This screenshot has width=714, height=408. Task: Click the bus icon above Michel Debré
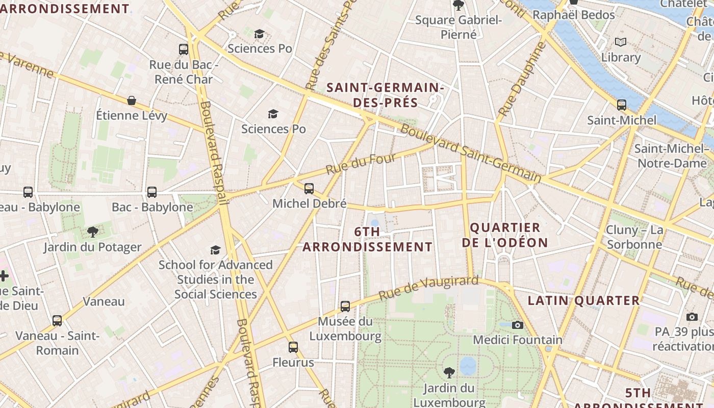(x=309, y=189)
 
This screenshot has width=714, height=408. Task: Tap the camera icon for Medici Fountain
(x=518, y=325)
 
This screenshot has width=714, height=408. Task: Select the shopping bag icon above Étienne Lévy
(x=132, y=100)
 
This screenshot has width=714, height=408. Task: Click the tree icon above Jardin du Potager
(x=92, y=233)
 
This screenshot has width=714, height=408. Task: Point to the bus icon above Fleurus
(x=293, y=347)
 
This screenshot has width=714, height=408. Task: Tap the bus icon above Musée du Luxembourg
(x=345, y=307)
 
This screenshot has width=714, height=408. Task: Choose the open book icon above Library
(x=620, y=42)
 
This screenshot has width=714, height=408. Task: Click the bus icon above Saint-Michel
(x=622, y=105)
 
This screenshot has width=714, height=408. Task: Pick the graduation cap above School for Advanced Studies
(x=216, y=250)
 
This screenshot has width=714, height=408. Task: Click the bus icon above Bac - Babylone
(x=152, y=192)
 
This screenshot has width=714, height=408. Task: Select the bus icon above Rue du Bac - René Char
(x=184, y=49)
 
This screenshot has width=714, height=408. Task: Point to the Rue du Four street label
(x=361, y=163)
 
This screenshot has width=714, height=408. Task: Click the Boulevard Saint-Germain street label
(x=470, y=153)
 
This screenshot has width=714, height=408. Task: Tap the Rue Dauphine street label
(x=522, y=79)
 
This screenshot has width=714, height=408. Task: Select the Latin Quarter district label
(x=583, y=300)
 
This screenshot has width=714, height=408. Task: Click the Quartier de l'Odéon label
(x=505, y=235)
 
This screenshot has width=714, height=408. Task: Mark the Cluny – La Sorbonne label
(x=634, y=237)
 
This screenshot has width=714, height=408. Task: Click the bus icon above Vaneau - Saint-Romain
(x=57, y=321)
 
